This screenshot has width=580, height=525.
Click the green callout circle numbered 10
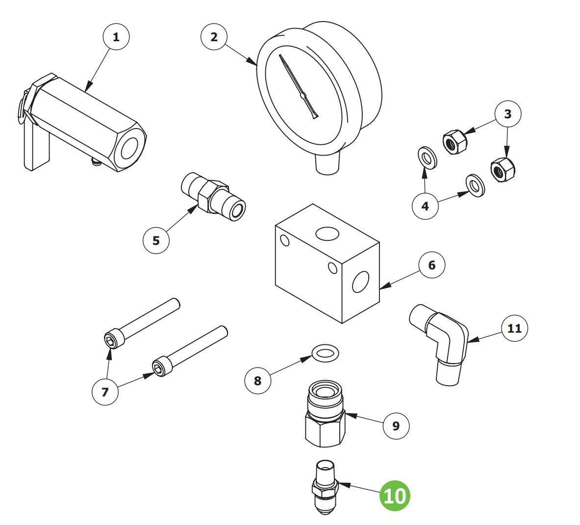(395, 496)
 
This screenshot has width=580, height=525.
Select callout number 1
(116, 37)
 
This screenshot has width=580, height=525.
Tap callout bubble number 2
(214, 37)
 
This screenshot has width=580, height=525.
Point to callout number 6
(431, 265)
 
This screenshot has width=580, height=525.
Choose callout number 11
(514, 328)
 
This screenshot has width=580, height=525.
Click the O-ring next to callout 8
(326, 352)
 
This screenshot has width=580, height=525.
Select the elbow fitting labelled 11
(441, 343)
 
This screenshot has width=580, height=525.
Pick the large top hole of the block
(328, 234)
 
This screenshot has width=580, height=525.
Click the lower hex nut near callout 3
(503, 170)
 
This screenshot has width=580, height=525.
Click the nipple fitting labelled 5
(213, 196)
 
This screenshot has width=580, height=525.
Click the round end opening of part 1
(130, 148)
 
